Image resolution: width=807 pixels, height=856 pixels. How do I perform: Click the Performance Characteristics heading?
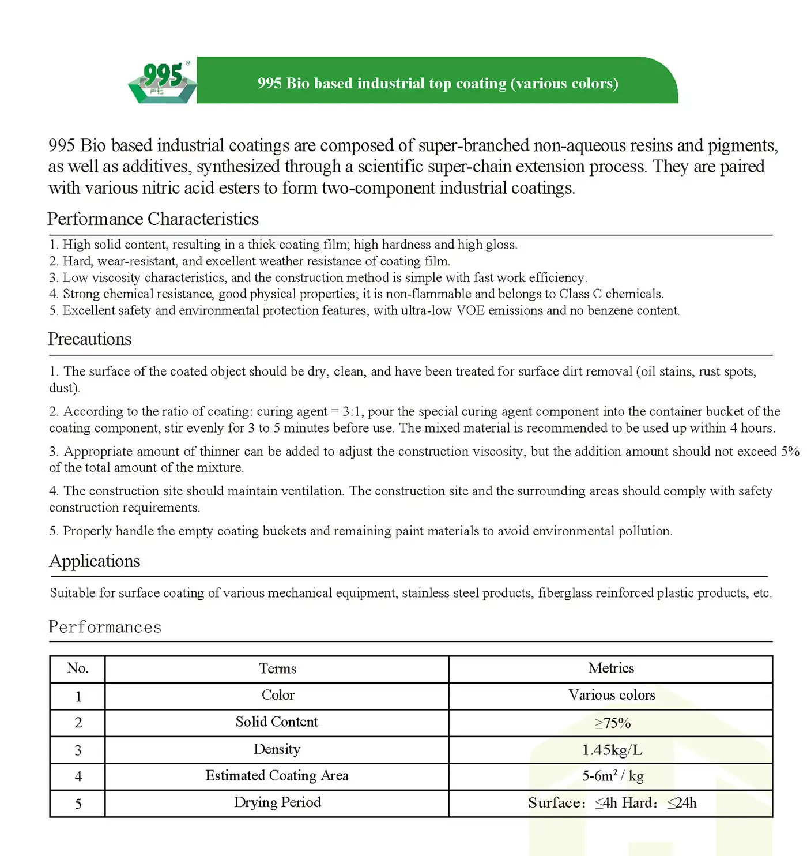153,219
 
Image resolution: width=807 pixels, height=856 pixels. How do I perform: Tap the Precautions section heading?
89,339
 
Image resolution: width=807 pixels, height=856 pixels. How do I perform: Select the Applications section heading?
95,561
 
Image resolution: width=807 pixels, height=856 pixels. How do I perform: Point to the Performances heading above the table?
105,627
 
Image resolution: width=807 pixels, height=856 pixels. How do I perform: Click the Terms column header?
277,669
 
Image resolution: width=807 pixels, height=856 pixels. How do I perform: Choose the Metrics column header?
611,668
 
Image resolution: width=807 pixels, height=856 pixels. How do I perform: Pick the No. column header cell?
77,669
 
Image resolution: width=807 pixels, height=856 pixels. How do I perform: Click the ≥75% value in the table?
612,723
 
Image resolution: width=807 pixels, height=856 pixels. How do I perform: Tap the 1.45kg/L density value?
612,750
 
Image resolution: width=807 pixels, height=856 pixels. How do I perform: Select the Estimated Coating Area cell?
277,776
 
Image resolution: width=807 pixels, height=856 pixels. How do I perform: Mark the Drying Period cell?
277,802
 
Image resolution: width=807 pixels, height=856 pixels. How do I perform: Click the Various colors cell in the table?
612,695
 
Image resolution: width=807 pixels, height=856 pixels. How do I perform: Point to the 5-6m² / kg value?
612,776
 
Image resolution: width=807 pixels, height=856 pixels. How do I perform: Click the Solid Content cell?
277,722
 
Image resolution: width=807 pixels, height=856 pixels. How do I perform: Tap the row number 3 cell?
78,750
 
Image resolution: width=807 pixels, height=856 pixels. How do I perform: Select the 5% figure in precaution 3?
790,452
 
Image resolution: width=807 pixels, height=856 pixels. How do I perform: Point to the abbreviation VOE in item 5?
470,311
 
